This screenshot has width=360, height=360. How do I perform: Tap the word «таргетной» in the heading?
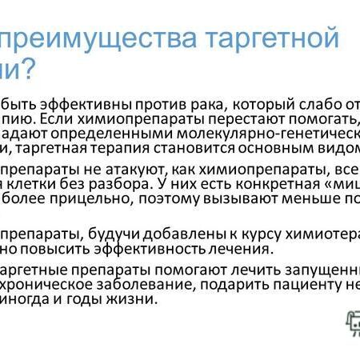[x=273, y=40]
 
